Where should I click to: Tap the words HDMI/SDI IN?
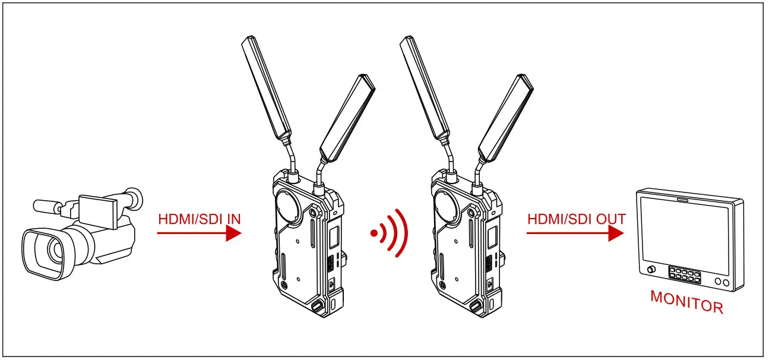pos(200,219)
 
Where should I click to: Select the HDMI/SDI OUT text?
pos(577,219)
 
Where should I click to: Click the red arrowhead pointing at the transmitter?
pos(234,233)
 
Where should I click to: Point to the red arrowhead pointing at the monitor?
pos(616,233)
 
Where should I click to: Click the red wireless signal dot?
pos(374,233)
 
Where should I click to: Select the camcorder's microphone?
pos(47,206)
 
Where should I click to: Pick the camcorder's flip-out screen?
pos(99,211)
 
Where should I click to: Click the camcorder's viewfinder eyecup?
pos(134,198)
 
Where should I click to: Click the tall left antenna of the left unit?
pos(267,89)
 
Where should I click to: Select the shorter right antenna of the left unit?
pos(347,118)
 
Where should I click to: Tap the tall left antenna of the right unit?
pos(425,89)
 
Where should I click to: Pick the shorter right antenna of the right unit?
pos(506,118)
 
